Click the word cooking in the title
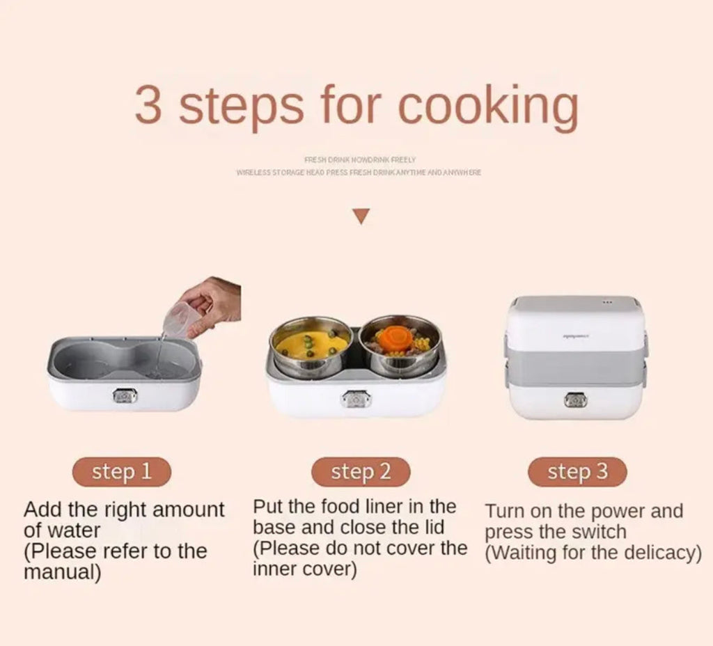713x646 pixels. tap(487, 106)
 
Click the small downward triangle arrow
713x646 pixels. tap(360, 217)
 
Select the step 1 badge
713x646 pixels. tap(122, 472)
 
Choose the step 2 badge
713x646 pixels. tap(361, 472)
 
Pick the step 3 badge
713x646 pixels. tap(577, 472)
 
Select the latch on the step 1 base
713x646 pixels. tap(125, 396)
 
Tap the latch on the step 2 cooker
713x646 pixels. tap(356, 399)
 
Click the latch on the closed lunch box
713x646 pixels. tap(576, 400)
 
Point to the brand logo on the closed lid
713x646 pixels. tap(575, 336)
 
